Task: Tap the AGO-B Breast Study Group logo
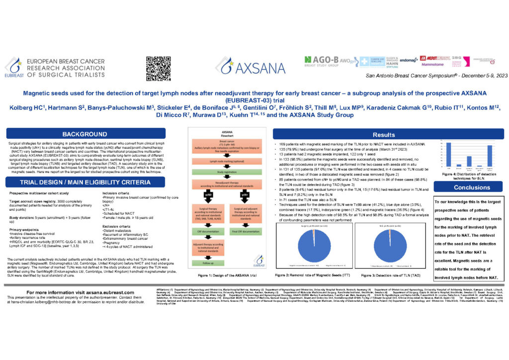coord(326,62)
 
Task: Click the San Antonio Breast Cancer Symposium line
coord(430,75)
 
